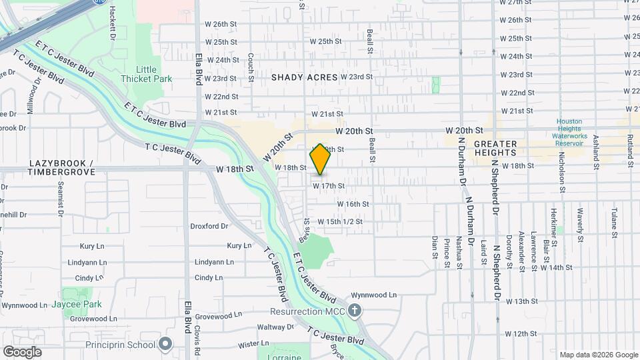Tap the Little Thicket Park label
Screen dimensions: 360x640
(146, 74)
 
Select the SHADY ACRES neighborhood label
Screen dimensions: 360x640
(305, 77)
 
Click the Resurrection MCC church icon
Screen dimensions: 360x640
(355, 311)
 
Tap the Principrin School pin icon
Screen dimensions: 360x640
(166, 345)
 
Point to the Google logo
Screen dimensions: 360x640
(22, 351)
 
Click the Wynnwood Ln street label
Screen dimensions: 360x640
(374, 294)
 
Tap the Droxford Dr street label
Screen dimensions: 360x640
(209, 226)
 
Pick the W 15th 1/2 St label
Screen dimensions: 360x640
(339, 221)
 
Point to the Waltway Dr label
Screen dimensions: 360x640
(275, 327)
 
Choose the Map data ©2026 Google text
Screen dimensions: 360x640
(598, 355)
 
